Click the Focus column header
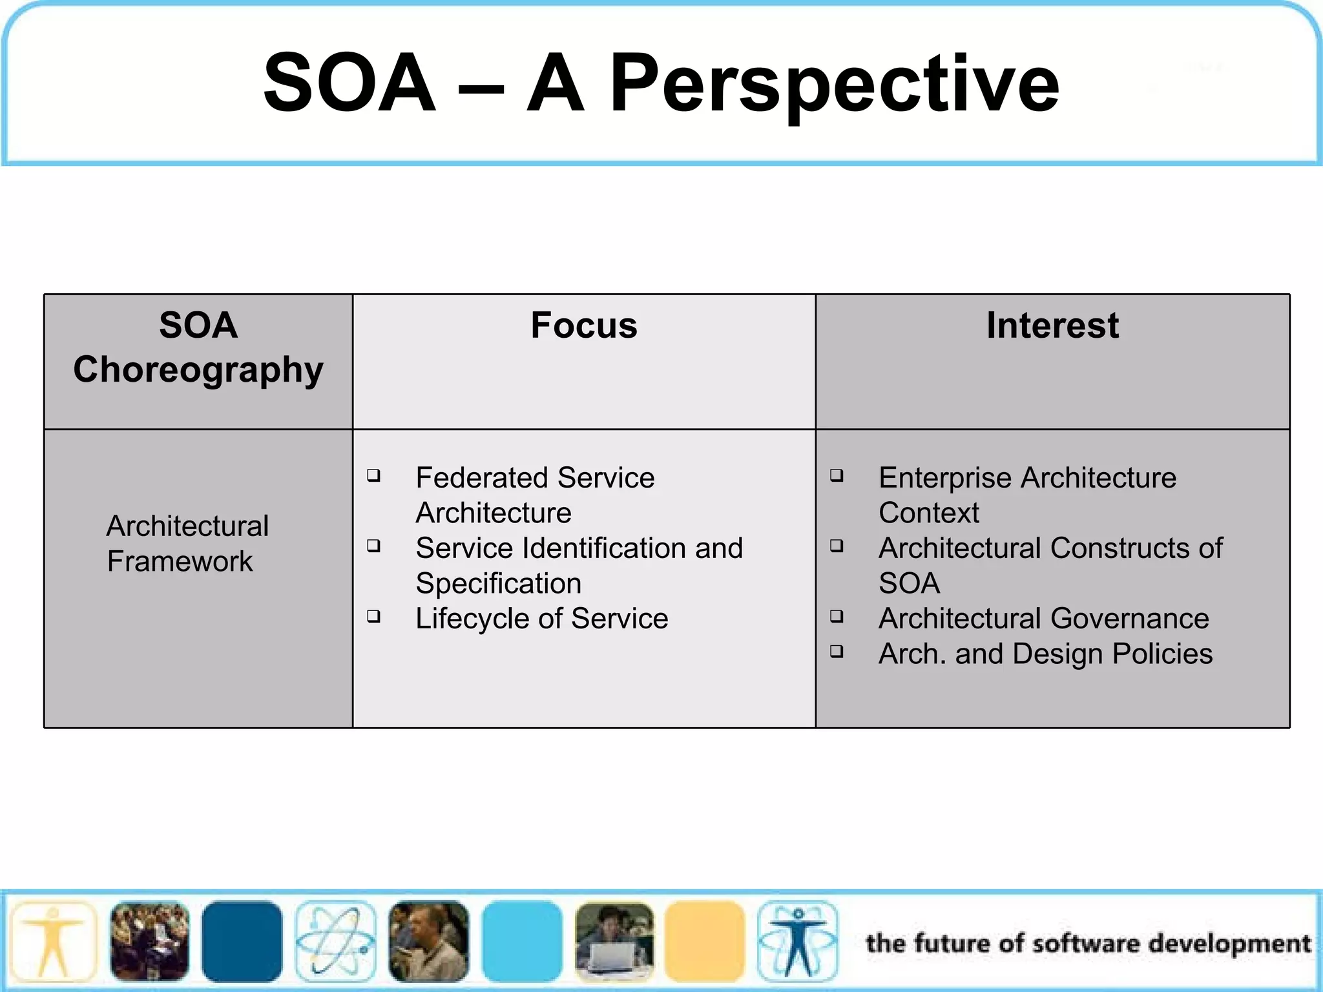[x=584, y=325]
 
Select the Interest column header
[x=1052, y=325]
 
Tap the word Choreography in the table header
[x=198, y=369]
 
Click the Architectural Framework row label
[x=187, y=543]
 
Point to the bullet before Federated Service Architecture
[x=373, y=476]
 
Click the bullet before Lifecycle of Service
[x=373, y=616]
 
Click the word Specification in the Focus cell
[x=498, y=584]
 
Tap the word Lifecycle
[x=471, y=619]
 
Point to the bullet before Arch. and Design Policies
[x=837, y=651]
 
